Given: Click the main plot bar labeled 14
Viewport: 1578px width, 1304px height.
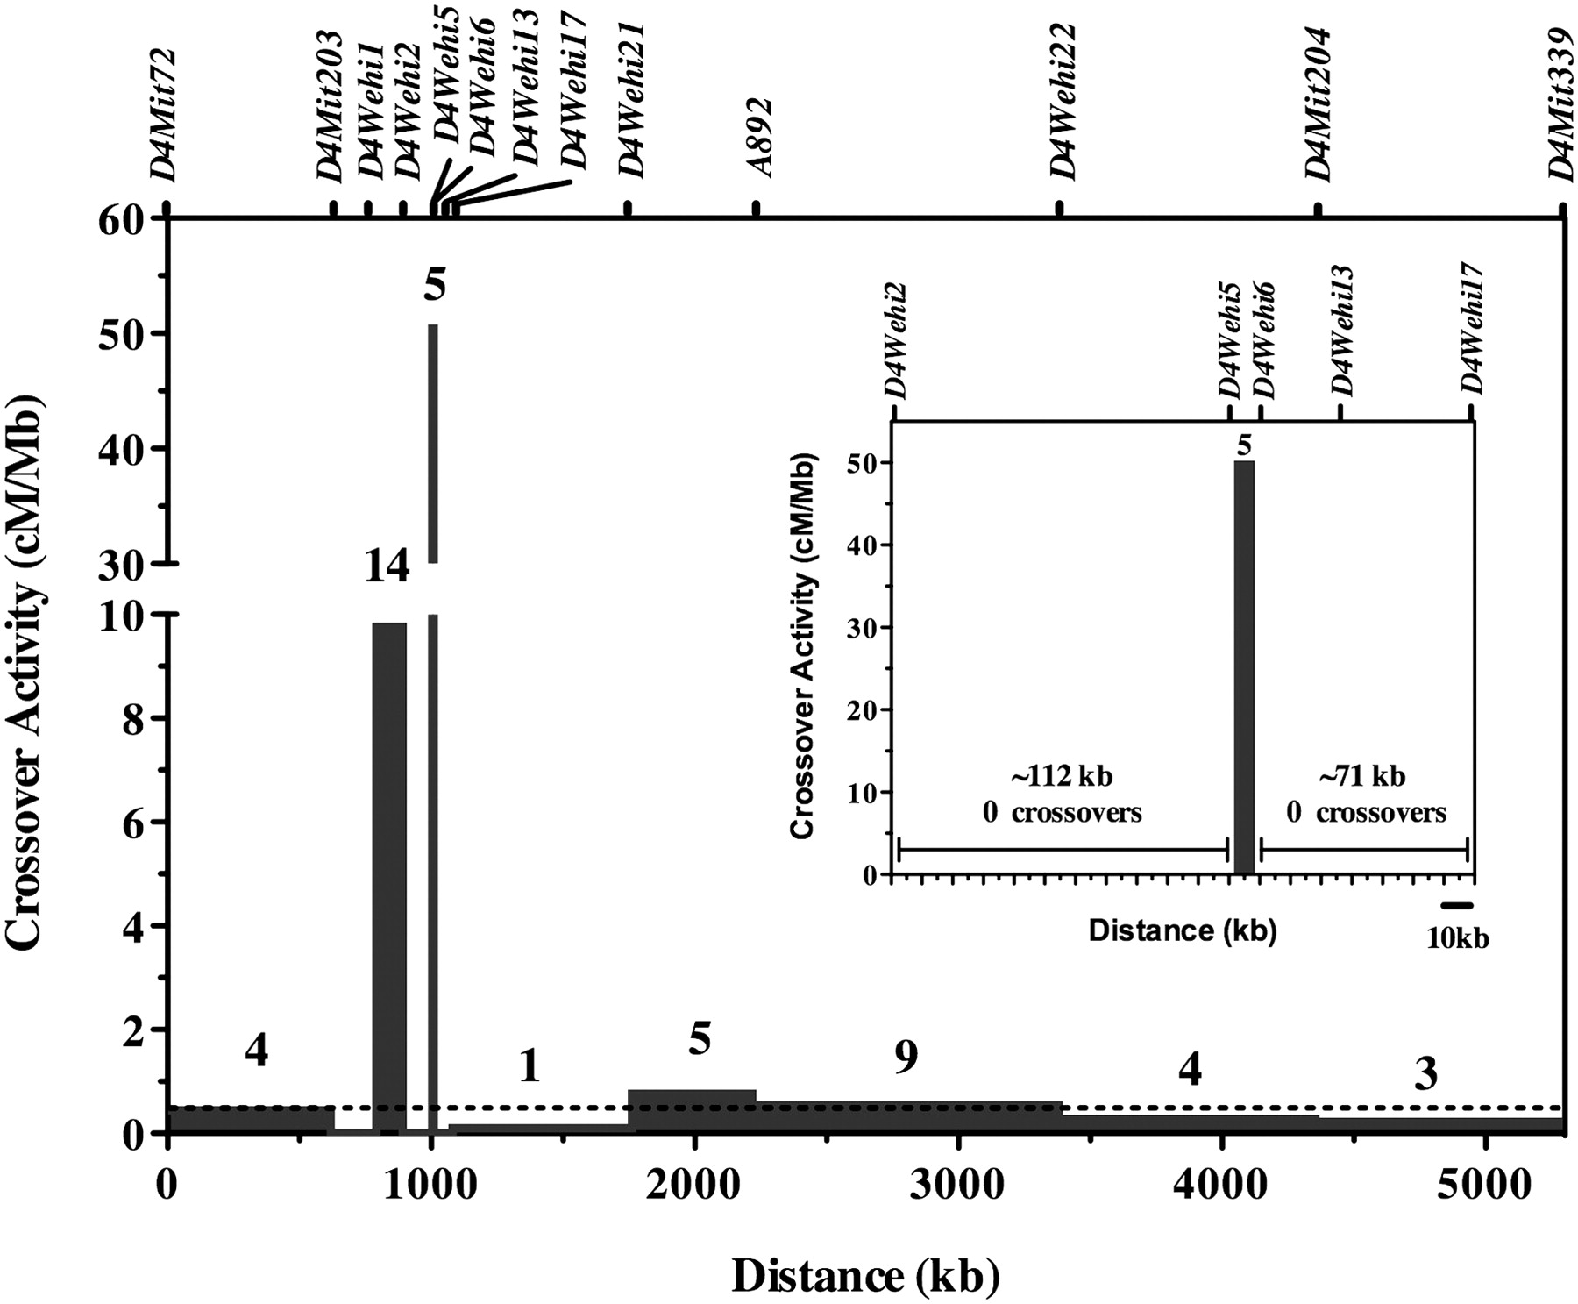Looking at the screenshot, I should tap(389, 877).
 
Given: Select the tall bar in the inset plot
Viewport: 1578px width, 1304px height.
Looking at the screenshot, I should tap(1244, 666).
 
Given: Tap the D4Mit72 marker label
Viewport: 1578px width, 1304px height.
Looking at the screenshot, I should tap(164, 114).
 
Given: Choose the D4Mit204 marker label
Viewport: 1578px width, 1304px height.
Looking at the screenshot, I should tap(1318, 103).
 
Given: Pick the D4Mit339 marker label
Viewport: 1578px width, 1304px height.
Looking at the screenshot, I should tap(1562, 103).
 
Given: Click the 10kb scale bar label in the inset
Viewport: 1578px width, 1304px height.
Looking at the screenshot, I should tap(1457, 939).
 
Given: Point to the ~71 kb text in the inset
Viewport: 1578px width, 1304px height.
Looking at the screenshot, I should tap(1362, 777).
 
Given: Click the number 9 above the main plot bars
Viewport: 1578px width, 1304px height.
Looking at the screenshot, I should tap(906, 1058).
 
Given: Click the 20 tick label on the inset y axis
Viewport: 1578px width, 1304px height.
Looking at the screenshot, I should tap(864, 709).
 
